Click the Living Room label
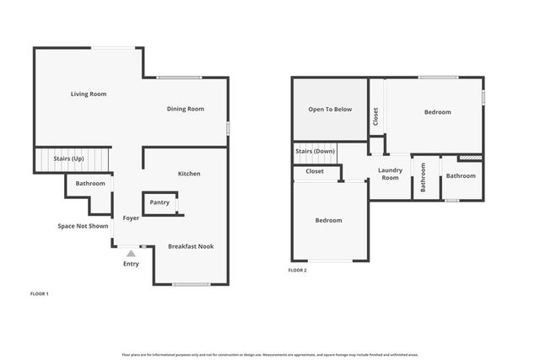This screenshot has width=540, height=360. (88, 94)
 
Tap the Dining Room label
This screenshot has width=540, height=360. (186, 109)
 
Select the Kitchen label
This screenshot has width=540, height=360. (189, 174)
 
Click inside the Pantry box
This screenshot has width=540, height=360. (159, 202)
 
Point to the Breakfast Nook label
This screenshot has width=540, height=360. (191, 246)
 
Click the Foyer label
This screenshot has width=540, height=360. (131, 218)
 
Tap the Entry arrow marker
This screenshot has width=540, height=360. (131, 252)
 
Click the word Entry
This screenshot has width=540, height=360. (131, 263)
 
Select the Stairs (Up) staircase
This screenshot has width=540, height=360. (72, 159)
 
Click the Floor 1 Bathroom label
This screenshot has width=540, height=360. (90, 183)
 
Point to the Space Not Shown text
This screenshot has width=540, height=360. (83, 226)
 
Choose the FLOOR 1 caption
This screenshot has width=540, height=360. (40, 293)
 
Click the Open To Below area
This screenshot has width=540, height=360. (330, 110)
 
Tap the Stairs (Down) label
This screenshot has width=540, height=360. (316, 151)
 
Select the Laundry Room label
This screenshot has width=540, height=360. (390, 174)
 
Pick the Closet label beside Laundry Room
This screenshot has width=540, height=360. (315, 171)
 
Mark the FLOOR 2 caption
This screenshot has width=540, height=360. (298, 270)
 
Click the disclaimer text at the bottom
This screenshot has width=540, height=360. (269, 355)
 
